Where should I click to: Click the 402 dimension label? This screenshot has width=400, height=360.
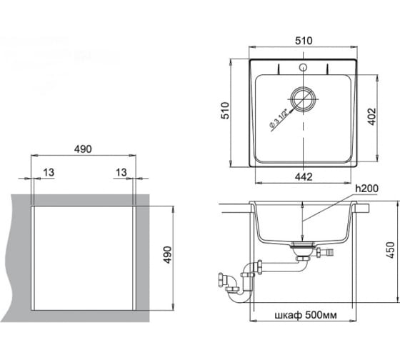[x=372, y=117]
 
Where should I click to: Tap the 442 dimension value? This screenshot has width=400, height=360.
[x=304, y=176]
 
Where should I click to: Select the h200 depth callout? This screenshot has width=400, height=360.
[x=367, y=189]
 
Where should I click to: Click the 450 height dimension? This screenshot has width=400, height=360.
[x=391, y=250]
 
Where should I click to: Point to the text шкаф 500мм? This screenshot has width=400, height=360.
[x=306, y=315]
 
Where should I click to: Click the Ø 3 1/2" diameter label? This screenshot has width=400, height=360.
[x=279, y=118]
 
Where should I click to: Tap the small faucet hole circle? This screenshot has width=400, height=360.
[x=303, y=67]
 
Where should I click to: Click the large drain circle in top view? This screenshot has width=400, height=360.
[x=303, y=99]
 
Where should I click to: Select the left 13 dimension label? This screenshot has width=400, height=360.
[x=49, y=172]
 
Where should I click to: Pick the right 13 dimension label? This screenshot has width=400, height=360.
[x=121, y=172]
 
